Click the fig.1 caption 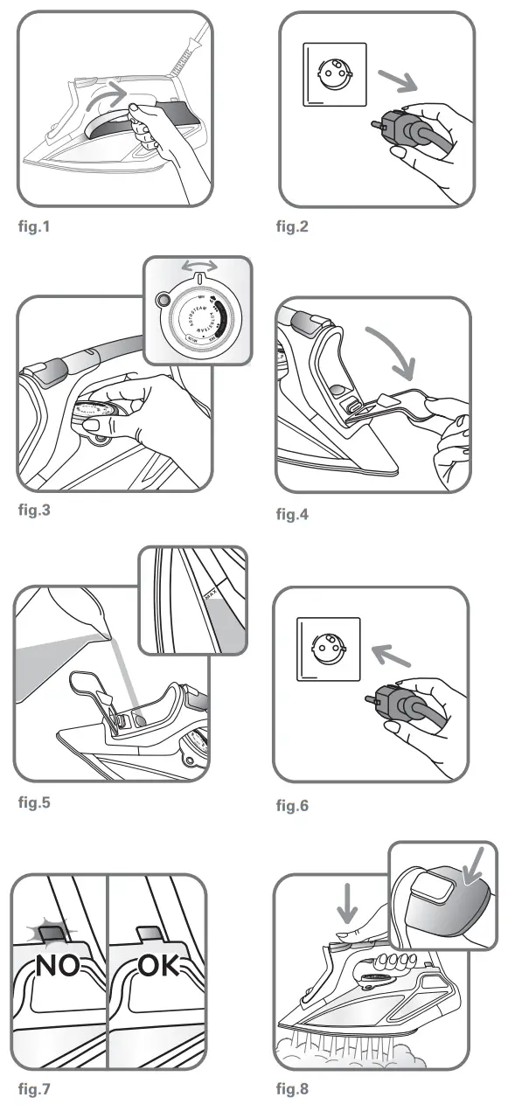click(36, 228)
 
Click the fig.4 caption click(294, 513)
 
